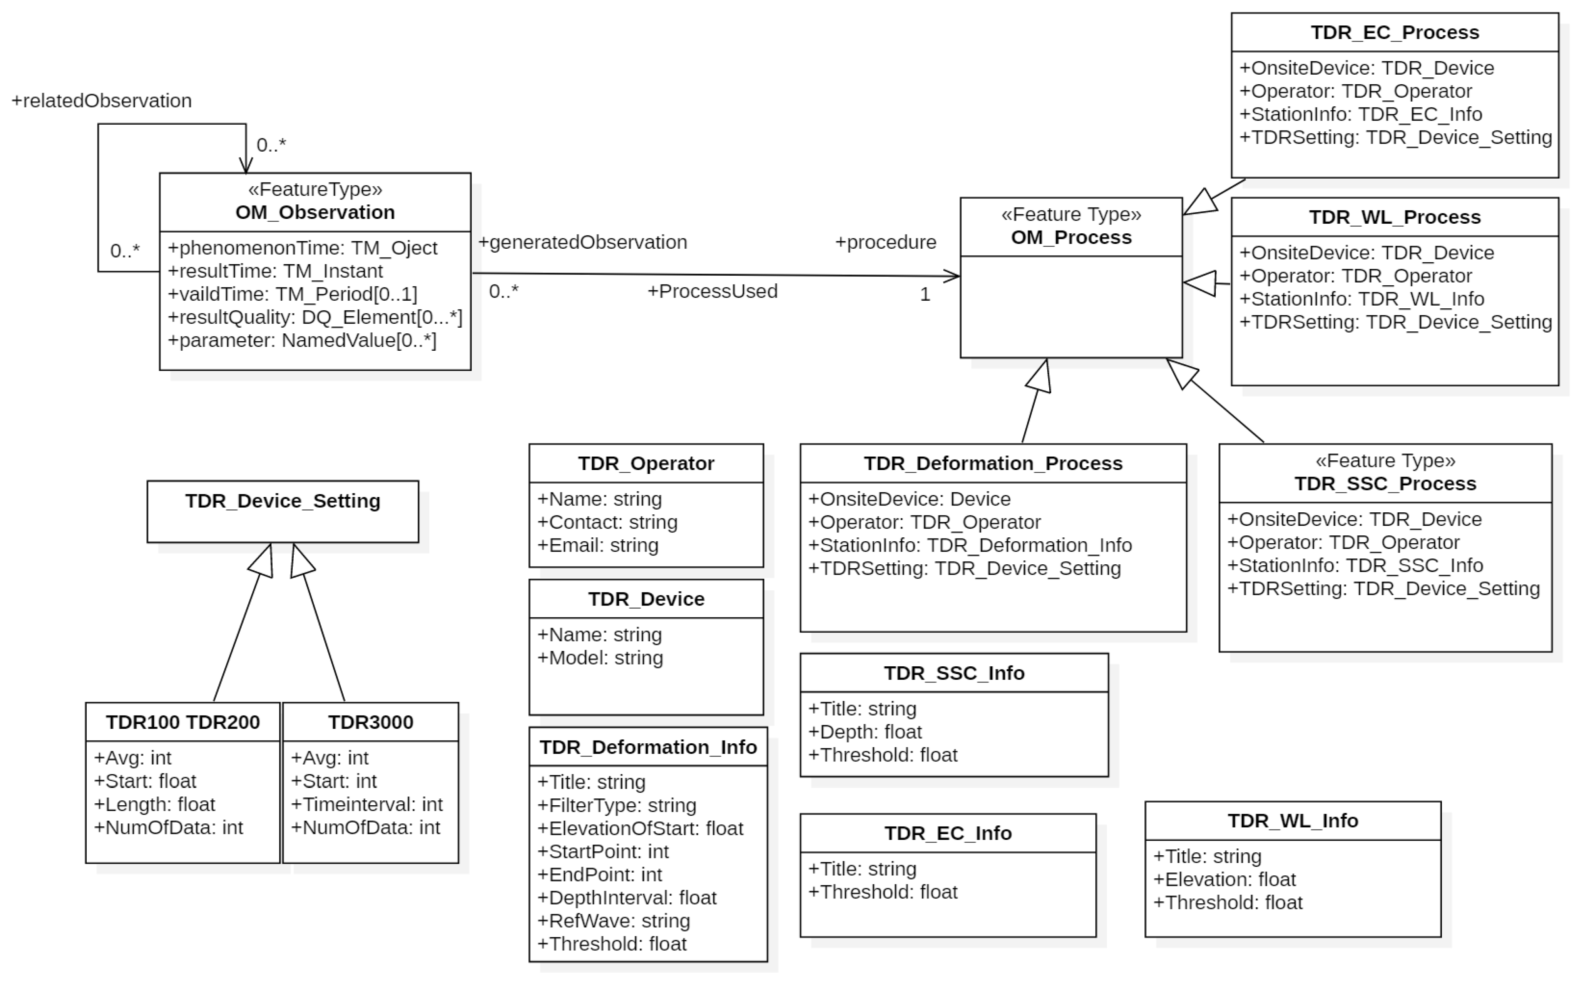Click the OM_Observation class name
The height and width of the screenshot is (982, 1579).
(315, 212)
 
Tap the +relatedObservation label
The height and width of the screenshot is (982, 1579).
(102, 101)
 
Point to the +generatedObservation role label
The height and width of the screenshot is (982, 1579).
(582, 242)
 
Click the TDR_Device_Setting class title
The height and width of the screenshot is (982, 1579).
(283, 501)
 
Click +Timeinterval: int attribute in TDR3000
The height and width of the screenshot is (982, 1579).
(367, 805)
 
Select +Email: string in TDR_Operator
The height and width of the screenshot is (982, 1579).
(598, 545)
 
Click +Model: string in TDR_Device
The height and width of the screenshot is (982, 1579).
(600, 658)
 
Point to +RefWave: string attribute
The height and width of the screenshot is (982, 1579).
(614, 921)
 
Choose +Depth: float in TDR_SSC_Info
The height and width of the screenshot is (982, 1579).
(865, 732)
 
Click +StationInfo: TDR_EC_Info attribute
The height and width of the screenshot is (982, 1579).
(1360, 114)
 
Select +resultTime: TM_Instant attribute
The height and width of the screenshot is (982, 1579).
(275, 271)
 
